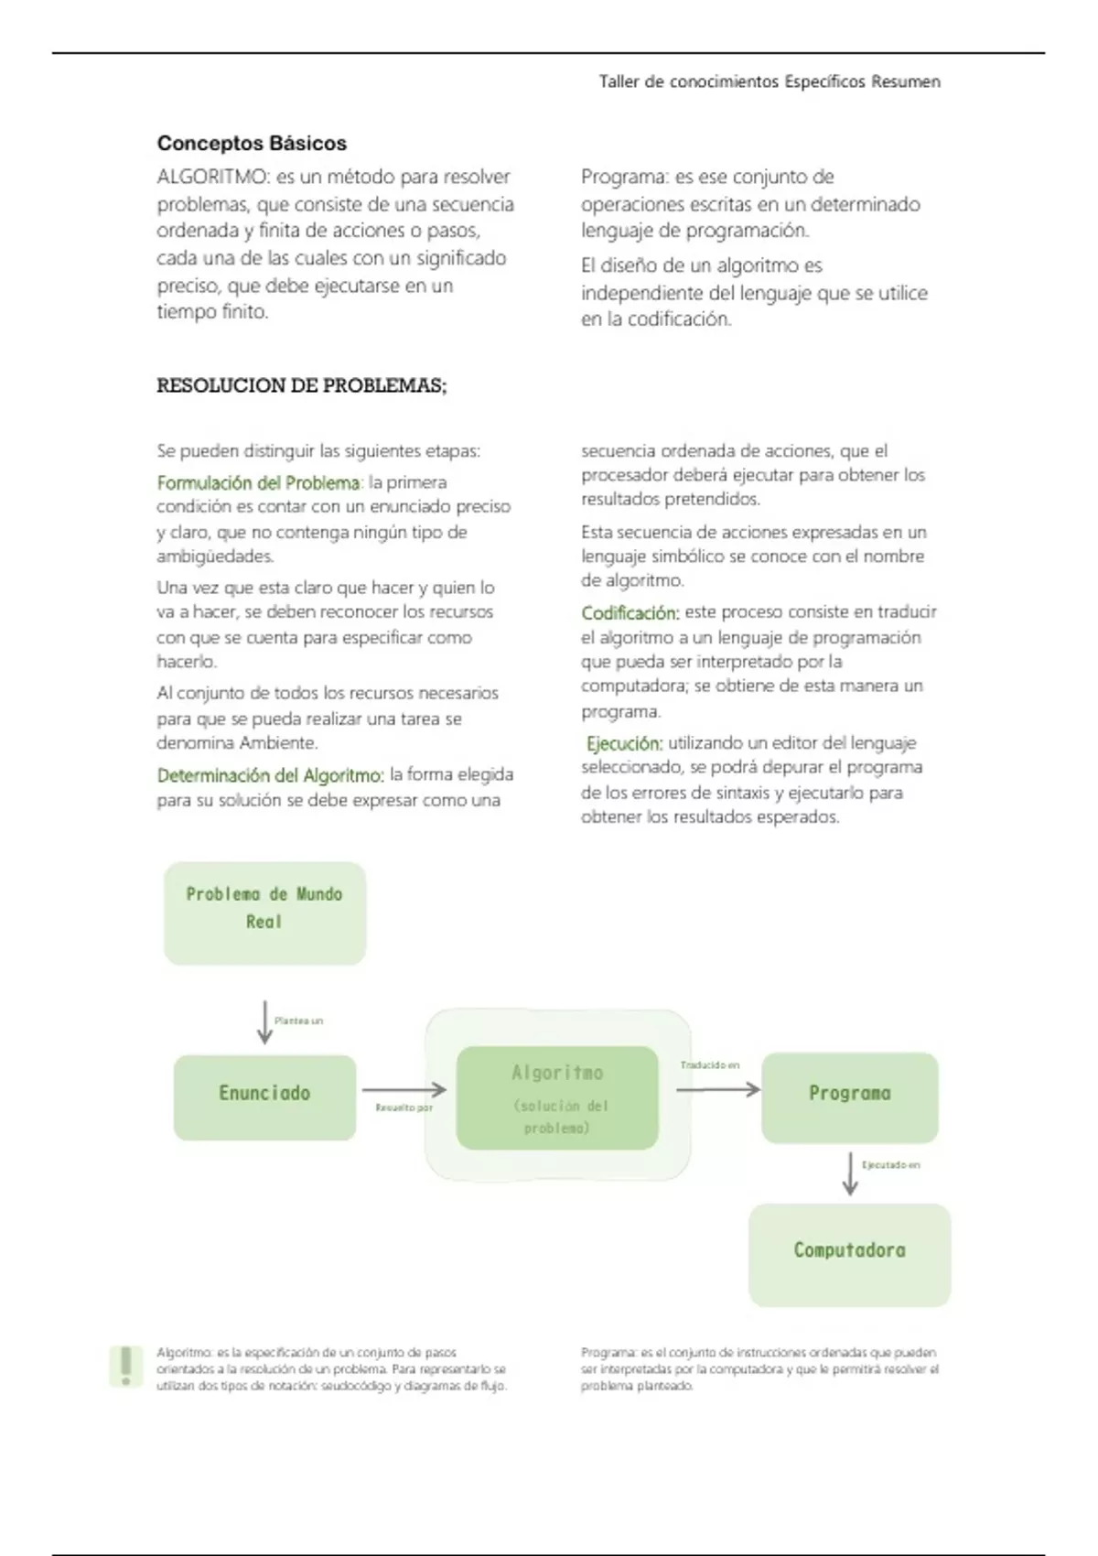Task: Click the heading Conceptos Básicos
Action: point(252,144)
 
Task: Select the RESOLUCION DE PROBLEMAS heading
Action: point(302,386)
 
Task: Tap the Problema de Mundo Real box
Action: point(264,913)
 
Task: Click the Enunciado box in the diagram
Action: point(264,1097)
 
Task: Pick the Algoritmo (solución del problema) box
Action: point(557,1097)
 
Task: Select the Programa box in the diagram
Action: point(850,1097)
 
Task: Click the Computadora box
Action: point(850,1255)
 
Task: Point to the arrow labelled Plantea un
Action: point(264,1022)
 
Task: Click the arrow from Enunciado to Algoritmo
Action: point(404,1089)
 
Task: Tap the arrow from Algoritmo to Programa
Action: point(718,1089)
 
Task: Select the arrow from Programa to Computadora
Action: point(850,1173)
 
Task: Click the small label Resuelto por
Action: point(404,1108)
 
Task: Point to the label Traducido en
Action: point(710,1065)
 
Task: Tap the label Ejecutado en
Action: point(890,1165)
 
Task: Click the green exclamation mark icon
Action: point(126,1367)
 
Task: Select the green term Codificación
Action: point(630,613)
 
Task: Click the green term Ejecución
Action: point(625,744)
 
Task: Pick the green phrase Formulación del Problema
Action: point(259,483)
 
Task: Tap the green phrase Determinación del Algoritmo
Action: point(270,776)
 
